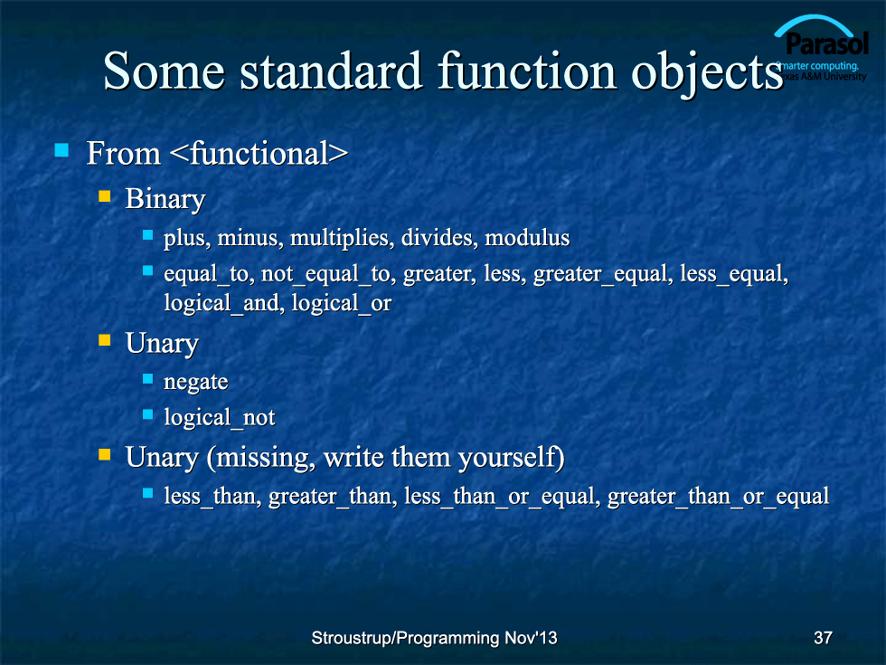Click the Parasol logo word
pos(826,43)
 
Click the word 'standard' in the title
pos(331,71)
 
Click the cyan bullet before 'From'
pos(61,150)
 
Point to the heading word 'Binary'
pos(165,200)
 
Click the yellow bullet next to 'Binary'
pos(105,196)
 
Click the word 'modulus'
pos(527,237)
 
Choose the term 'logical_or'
pos(342,304)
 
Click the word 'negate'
pos(195,383)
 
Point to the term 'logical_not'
pos(219,418)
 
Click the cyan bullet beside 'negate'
pos(148,378)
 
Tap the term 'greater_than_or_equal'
pos(718,497)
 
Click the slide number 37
pos(823,638)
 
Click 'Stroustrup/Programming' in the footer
pos(406,639)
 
